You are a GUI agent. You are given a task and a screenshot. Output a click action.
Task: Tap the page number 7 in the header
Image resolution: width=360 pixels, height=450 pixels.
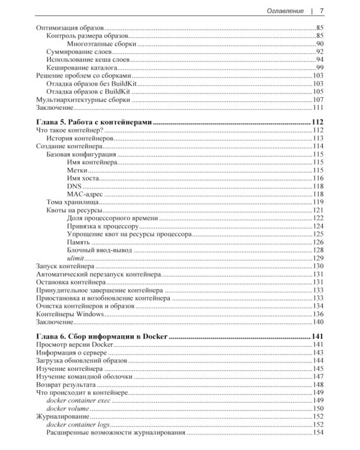tap(322, 11)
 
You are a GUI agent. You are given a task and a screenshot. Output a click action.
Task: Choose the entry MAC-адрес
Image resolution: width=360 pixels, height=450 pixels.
tap(86, 193)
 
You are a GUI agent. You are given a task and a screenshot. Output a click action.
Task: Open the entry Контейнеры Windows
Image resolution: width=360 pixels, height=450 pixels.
tap(70, 314)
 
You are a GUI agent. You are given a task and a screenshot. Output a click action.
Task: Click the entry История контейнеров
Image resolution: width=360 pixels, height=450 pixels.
tap(80, 138)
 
